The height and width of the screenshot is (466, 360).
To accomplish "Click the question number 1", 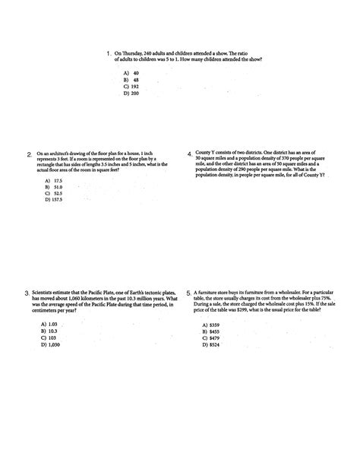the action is (x=109, y=54).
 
